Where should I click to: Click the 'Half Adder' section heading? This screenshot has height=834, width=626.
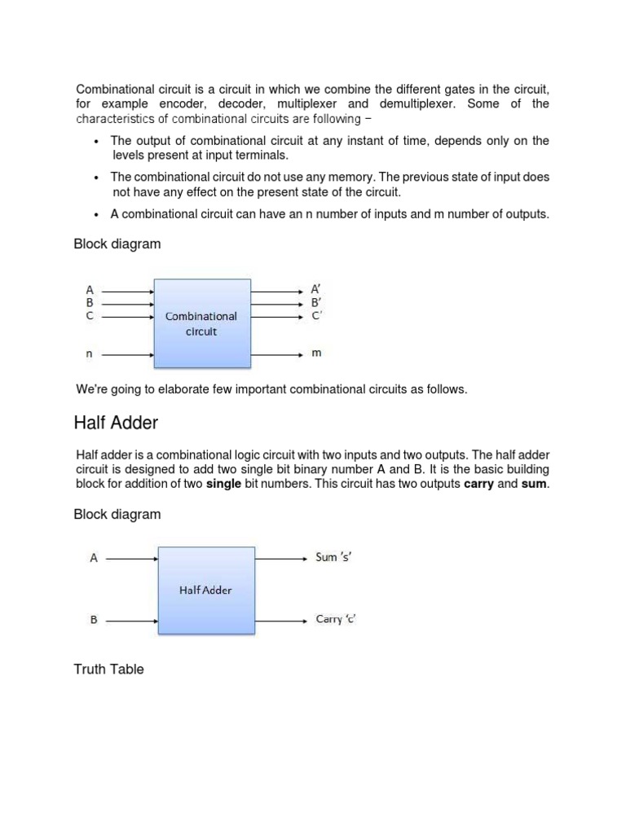[116, 423]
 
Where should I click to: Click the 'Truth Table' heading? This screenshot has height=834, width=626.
[108, 669]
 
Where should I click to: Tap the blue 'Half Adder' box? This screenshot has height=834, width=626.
[205, 590]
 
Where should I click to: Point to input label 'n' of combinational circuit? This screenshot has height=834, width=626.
[90, 354]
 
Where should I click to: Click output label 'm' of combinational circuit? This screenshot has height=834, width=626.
[316, 354]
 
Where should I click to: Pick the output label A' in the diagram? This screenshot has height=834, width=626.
[316, 289]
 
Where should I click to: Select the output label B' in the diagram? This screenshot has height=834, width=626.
[316, 302]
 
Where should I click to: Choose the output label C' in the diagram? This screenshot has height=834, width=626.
[316, 315]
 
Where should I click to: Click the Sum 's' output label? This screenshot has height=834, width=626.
[334, 559]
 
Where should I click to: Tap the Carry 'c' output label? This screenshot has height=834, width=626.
[336, 620]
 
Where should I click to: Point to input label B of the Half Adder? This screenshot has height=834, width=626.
[94, 620]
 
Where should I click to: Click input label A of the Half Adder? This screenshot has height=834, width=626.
[94, 559]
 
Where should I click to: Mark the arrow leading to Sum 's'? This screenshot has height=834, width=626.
[280, 559]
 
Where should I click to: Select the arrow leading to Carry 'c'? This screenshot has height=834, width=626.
[280, 620]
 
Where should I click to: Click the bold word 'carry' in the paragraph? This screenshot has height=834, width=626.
[479, 485]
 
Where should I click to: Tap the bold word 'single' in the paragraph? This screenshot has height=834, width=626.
[223, 485]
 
